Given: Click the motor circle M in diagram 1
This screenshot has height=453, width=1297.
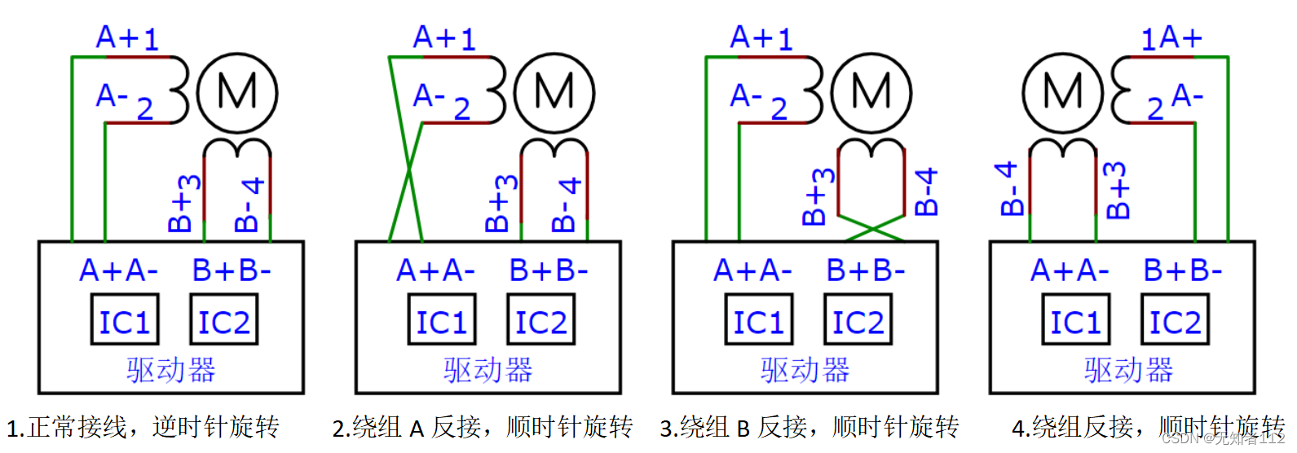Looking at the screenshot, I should tap(237, 93).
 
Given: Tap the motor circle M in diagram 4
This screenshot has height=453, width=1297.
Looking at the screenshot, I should tap(1062, 93).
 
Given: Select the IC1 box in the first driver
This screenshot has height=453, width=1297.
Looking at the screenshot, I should tap(124, 322).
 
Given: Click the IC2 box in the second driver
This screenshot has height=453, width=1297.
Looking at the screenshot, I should tap(540, 322).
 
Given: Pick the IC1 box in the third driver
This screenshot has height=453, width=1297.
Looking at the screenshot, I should tap(758, 322).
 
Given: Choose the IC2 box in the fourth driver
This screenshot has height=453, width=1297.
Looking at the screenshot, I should tap(1175, 322).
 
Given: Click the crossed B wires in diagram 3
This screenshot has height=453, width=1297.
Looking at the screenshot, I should tap(872, 227).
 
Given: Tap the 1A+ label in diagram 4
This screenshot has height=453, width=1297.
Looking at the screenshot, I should tap(1171, 38).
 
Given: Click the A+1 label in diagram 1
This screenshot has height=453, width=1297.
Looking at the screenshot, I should tap(127, 38).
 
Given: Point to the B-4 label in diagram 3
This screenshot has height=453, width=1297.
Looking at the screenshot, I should tap(926, 191).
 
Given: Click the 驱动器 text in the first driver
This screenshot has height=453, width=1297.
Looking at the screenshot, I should tap(171, 370).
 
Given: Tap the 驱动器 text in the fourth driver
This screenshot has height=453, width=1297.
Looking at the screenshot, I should tap(1128, 370).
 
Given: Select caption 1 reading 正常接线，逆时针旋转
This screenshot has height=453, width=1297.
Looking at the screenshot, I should tap(143, 427).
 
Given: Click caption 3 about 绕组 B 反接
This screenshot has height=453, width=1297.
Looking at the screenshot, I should tap(809, 427).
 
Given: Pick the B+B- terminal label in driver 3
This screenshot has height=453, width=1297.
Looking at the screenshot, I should tap(865, 270).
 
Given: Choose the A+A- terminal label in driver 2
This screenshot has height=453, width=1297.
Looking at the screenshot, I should tap(435, 270).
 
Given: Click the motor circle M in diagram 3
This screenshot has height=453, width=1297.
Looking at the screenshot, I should tap(871, 93).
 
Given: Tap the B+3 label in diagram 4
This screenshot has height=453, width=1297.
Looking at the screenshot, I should tap(1118, 190).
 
